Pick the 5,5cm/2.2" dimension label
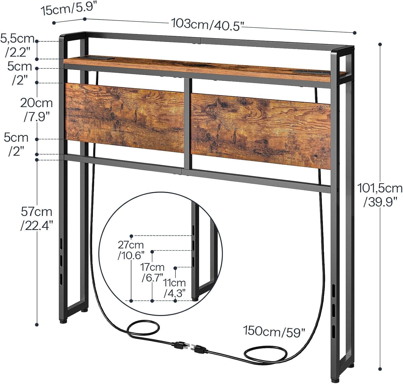tap(17, 45)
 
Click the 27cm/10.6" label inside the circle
tap(131, 250)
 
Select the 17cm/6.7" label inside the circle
tap(152, 272)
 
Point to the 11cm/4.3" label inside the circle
tap(175, 288)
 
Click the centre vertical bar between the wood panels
tap(188, 123)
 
